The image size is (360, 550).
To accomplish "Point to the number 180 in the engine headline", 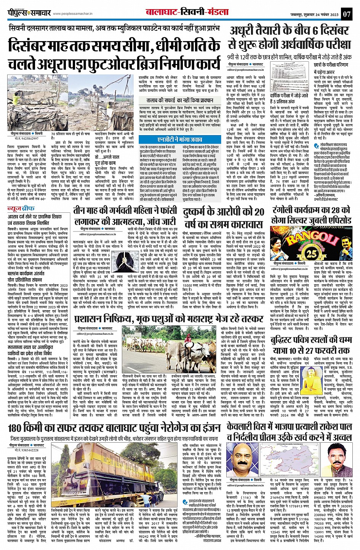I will pyautogui.click(x=18, y=428).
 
